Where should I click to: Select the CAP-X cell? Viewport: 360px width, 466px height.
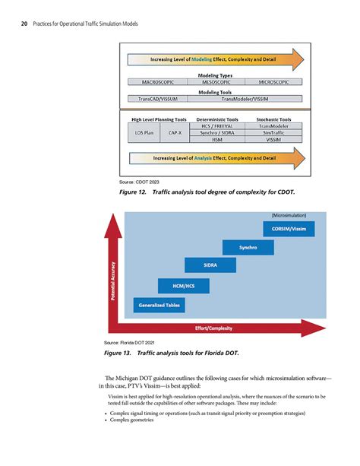175,132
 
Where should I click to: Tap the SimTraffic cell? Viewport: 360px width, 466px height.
274,132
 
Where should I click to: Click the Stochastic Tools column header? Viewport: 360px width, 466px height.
274,119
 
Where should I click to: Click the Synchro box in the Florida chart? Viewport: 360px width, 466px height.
248,248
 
